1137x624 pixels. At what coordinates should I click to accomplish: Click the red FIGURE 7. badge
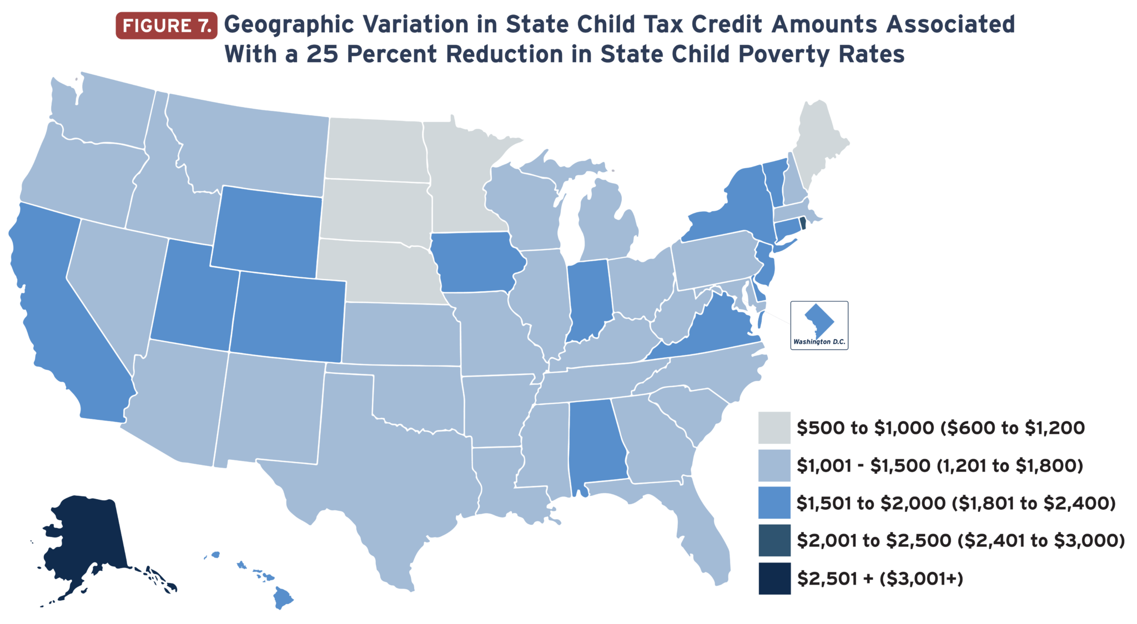click(166, 26)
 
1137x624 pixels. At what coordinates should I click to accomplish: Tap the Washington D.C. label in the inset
click(819, 342)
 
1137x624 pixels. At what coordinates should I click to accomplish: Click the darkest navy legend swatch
click(774, 579)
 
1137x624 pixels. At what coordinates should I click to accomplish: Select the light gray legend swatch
click(774, 428)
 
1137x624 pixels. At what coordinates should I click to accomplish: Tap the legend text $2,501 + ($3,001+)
click(880, 579)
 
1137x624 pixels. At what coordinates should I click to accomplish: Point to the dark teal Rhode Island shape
click(803, 224)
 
